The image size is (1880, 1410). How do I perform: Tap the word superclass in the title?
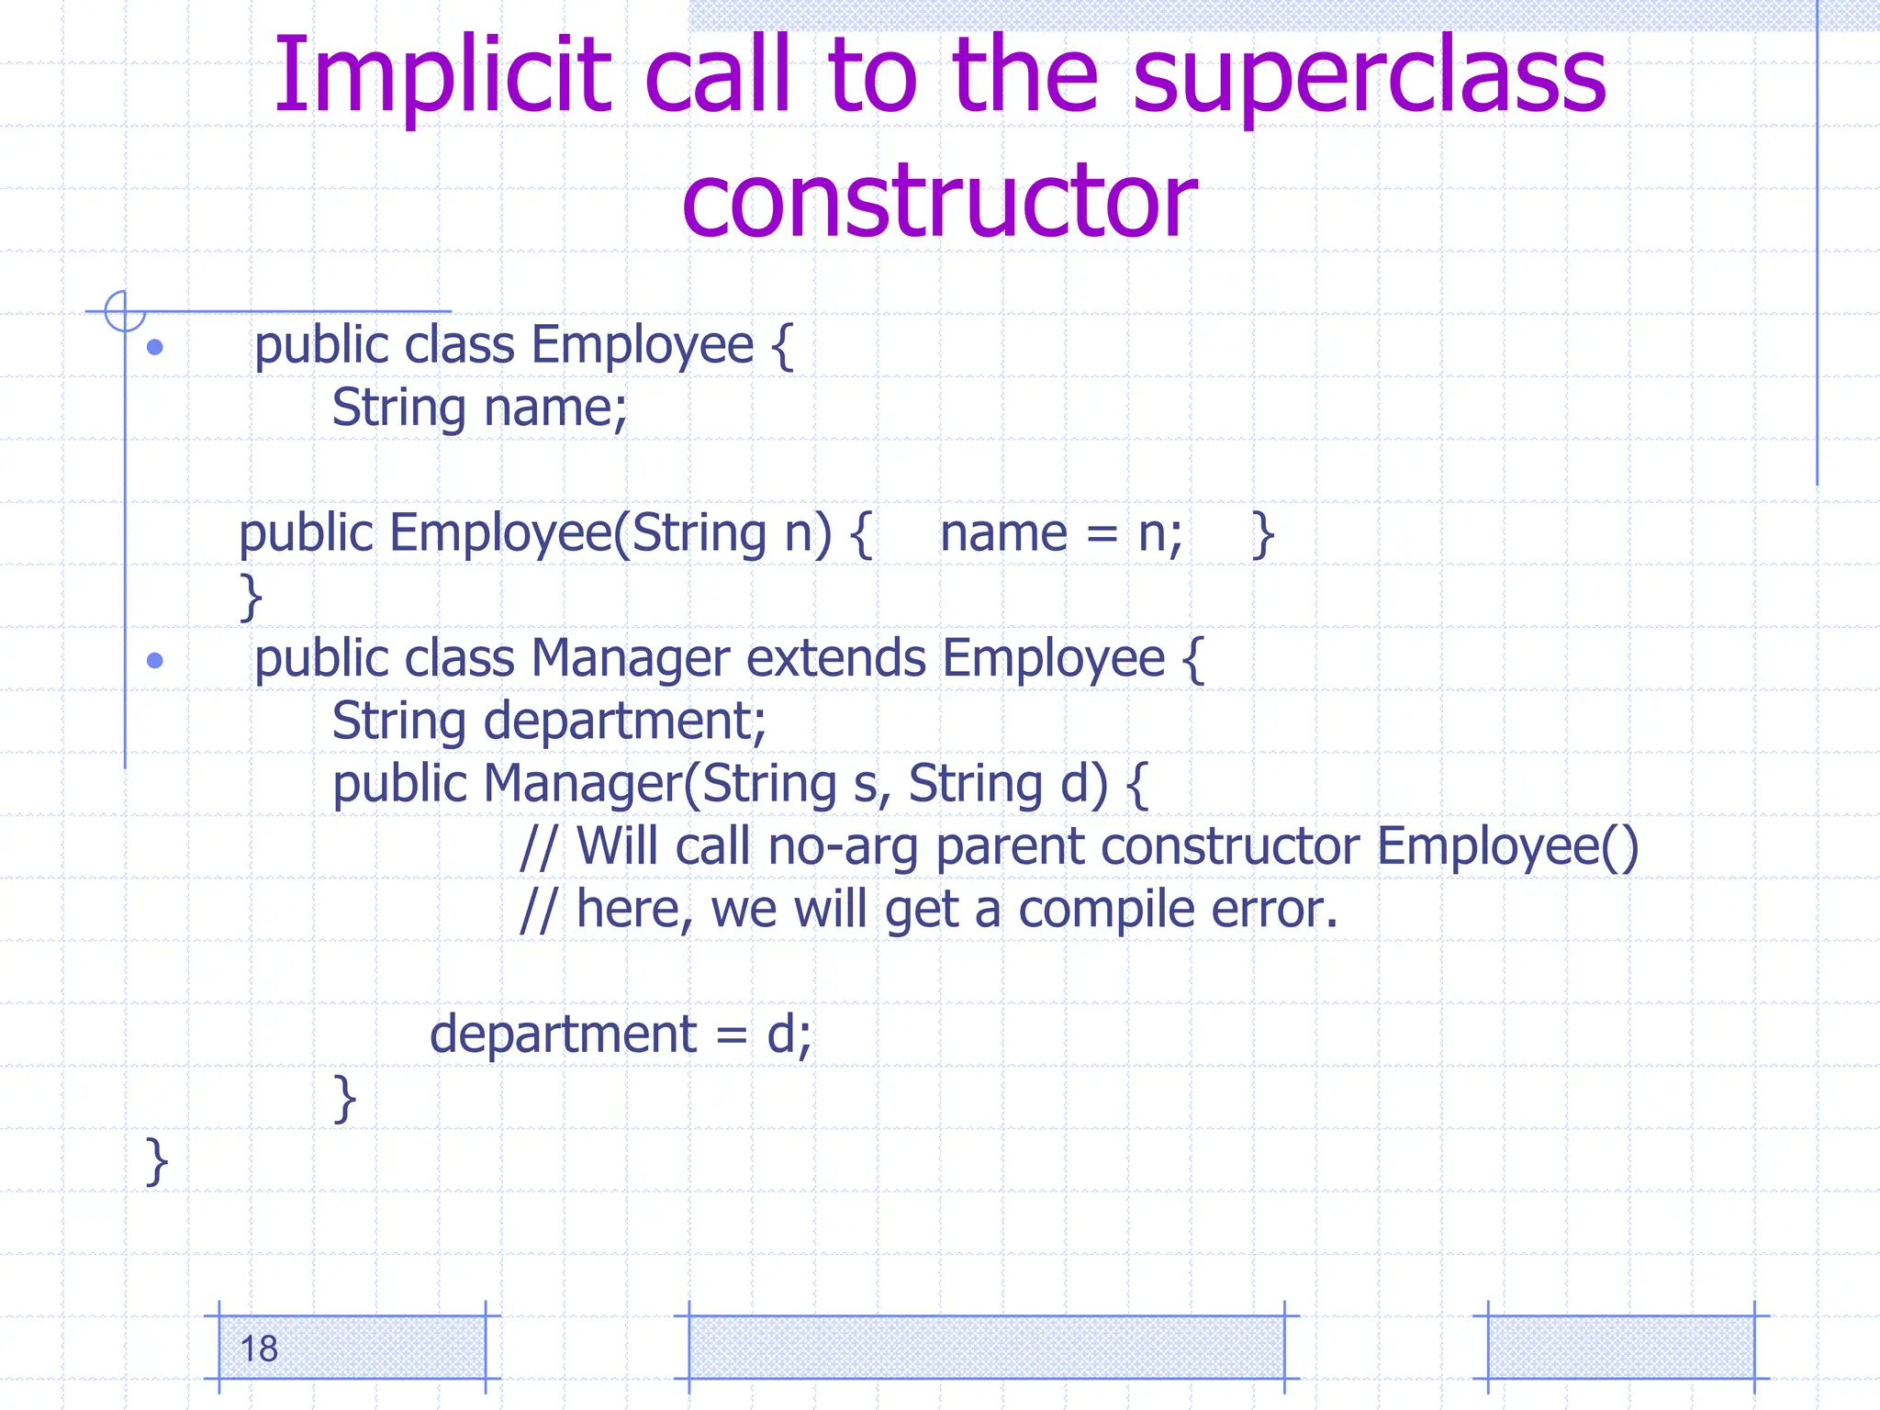1369,75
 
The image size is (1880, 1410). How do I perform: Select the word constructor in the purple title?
939,199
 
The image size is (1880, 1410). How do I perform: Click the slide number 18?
259,1348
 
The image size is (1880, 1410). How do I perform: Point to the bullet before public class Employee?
155,347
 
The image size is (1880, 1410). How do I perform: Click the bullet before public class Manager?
155,660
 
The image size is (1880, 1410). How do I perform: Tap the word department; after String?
624,722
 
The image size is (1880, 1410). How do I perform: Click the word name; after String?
555,408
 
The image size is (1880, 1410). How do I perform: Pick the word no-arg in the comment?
843,846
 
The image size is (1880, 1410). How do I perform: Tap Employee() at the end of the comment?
1507,846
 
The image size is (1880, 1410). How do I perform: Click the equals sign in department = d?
731,1035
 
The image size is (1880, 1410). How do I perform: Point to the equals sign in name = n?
1102,534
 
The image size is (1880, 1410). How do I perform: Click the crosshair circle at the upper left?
125,311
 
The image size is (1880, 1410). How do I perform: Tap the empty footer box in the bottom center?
986,1347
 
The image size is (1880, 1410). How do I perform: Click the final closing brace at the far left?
157,1161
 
